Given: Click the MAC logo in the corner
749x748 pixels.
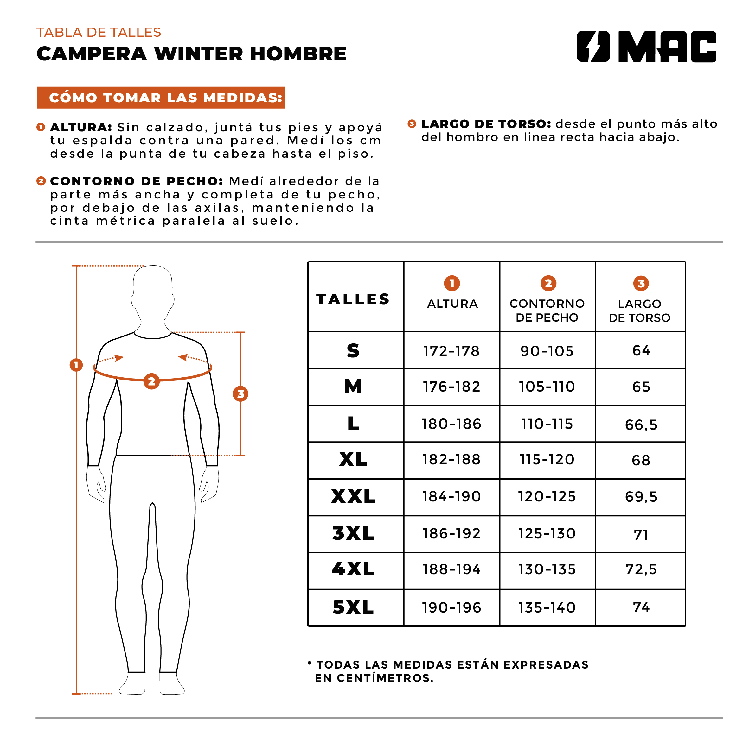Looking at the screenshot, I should click(646, 47).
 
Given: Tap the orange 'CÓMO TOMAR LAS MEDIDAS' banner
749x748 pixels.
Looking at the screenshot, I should click(161, 97).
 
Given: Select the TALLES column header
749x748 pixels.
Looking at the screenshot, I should click(353, 299).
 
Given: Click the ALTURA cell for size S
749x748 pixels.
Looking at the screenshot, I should click(451, 351).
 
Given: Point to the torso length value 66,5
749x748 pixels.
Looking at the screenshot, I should click(641, 425).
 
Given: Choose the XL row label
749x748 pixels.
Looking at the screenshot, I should click(353, 459).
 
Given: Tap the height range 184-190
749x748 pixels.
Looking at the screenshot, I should click(451, 496).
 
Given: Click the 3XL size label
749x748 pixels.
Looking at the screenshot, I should click(353, 533).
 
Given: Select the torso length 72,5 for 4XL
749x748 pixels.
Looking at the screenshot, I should click(641, 569).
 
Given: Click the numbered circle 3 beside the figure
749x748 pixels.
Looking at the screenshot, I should click(240, 394).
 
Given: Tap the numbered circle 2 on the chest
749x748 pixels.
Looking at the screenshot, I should click(151, 381).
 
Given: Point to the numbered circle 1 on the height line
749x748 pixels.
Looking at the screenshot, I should click(76, 365).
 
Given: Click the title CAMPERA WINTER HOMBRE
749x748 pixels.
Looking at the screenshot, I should click(191, 53).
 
